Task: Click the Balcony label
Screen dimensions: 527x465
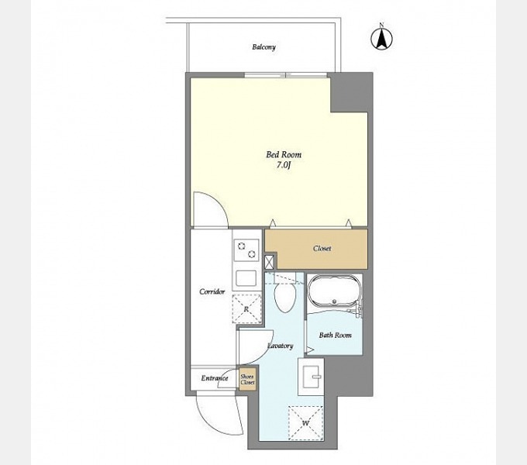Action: (263, 47)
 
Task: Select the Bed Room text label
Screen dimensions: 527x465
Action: (284, 154)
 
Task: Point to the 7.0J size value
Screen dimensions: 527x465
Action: (284, 165)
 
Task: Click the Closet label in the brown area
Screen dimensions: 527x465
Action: (322, 248)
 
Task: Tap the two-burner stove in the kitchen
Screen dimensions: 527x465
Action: (246, 250)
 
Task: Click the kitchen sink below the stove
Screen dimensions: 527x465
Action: (246, 278)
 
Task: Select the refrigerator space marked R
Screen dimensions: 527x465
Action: (246, 309)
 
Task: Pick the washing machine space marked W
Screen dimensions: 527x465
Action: (305, 423)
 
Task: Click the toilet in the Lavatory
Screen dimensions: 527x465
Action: (285, 294)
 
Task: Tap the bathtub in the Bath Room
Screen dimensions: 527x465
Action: (335, 291)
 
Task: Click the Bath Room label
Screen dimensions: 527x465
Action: (335, 335)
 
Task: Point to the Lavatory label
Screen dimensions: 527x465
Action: (281, 346)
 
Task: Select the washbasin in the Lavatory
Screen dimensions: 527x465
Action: (311, 377)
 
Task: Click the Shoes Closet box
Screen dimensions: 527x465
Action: (247, 380)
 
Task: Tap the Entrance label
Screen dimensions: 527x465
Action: (215, 378)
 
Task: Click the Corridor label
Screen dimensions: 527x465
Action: (212, 291)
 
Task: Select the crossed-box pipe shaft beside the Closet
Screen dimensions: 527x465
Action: (269, 263)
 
